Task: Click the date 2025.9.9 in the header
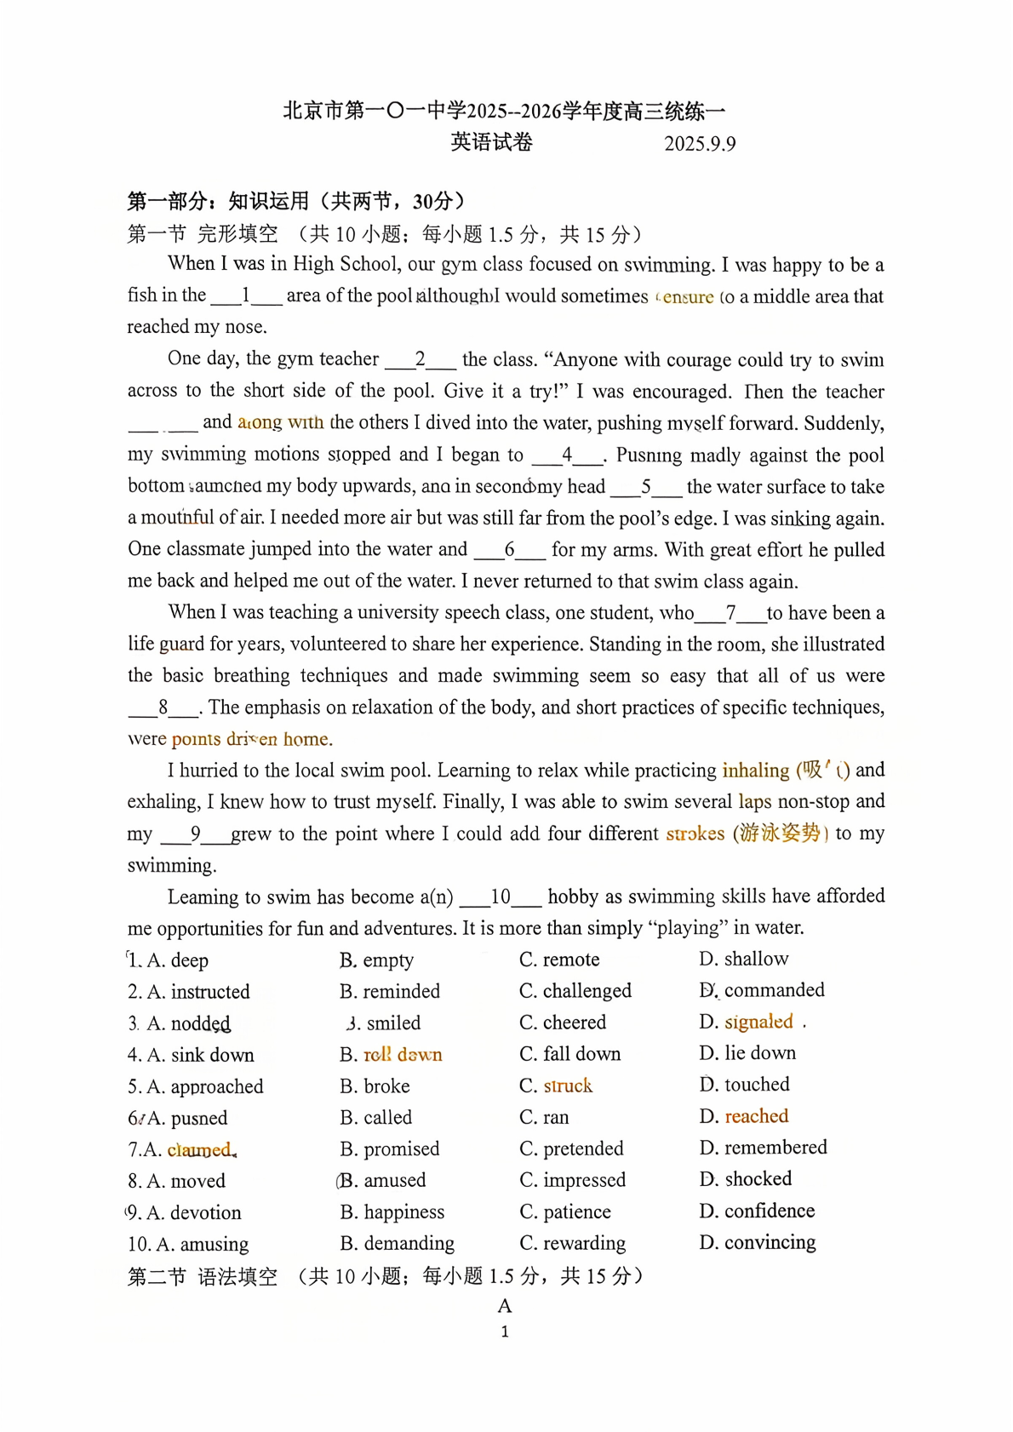click(x=700, y=143)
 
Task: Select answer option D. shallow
click(x=744, y=959)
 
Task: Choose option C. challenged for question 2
click(x=575, y=990)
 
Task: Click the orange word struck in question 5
click(x=568, y=1085)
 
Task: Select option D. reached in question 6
click(x=744, y=1116)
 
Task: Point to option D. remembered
click(x=763, y=1148)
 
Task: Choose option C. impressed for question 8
click(x=573, y=1180)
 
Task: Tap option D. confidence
click(x=757, y=1211)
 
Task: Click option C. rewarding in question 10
click(x=573, y=1243)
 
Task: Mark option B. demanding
click(x=398, y=1243)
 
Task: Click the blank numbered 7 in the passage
click(x=730, y=613)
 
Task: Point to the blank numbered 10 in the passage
click(x=501, y=896)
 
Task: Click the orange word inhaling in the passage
click(x=756, y=770)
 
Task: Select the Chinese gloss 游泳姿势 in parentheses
click(x=780, y=833)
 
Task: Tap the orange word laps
click(x=754, y=801)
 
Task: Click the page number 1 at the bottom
click(x=505, y=1332)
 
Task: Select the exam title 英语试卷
click(x=492, y=142)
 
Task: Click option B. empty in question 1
click(x=377, y=959)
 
